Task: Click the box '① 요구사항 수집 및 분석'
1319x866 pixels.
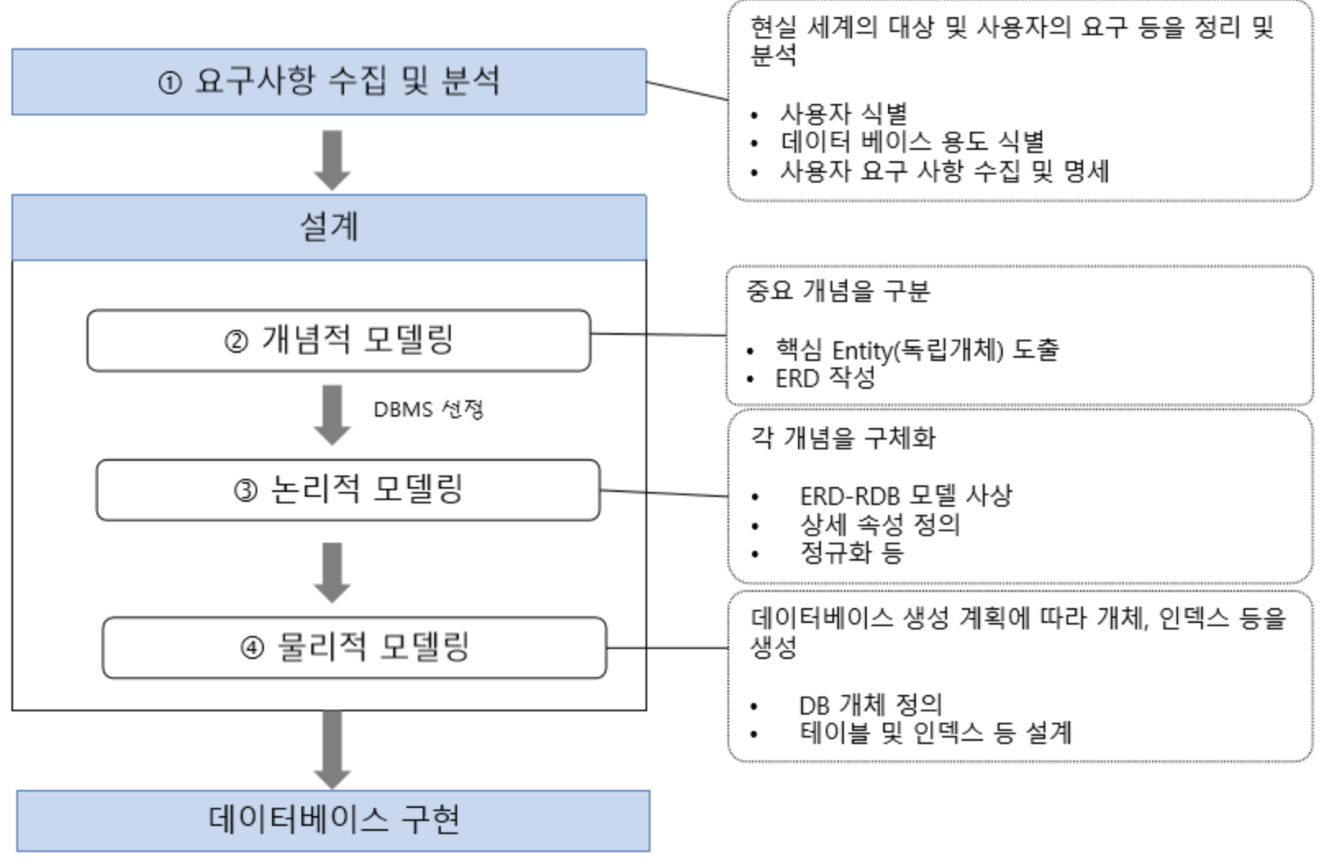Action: (329, 82)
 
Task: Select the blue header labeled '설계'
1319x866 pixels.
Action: (329, 227)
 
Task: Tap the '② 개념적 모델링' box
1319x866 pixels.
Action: (338, 341)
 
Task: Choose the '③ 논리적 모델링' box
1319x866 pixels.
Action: (348, 489)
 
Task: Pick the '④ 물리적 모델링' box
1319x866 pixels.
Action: (354, 647)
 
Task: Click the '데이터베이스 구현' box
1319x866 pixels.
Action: (333, 820)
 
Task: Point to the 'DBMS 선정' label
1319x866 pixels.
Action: (428, 408)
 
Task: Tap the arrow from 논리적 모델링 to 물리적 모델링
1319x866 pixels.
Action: (332, 572)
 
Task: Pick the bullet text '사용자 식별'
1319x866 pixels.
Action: (843, 113)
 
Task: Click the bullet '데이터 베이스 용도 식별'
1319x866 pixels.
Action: (912, 142)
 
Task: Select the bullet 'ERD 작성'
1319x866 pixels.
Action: (825, 378)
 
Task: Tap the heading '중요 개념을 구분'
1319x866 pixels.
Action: (838, 291)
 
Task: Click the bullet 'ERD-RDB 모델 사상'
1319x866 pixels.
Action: (905, 495)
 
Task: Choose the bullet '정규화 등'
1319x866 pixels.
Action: (851, 553)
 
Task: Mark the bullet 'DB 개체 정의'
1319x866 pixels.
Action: (871, 704)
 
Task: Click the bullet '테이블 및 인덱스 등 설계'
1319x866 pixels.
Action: (936, 733)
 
